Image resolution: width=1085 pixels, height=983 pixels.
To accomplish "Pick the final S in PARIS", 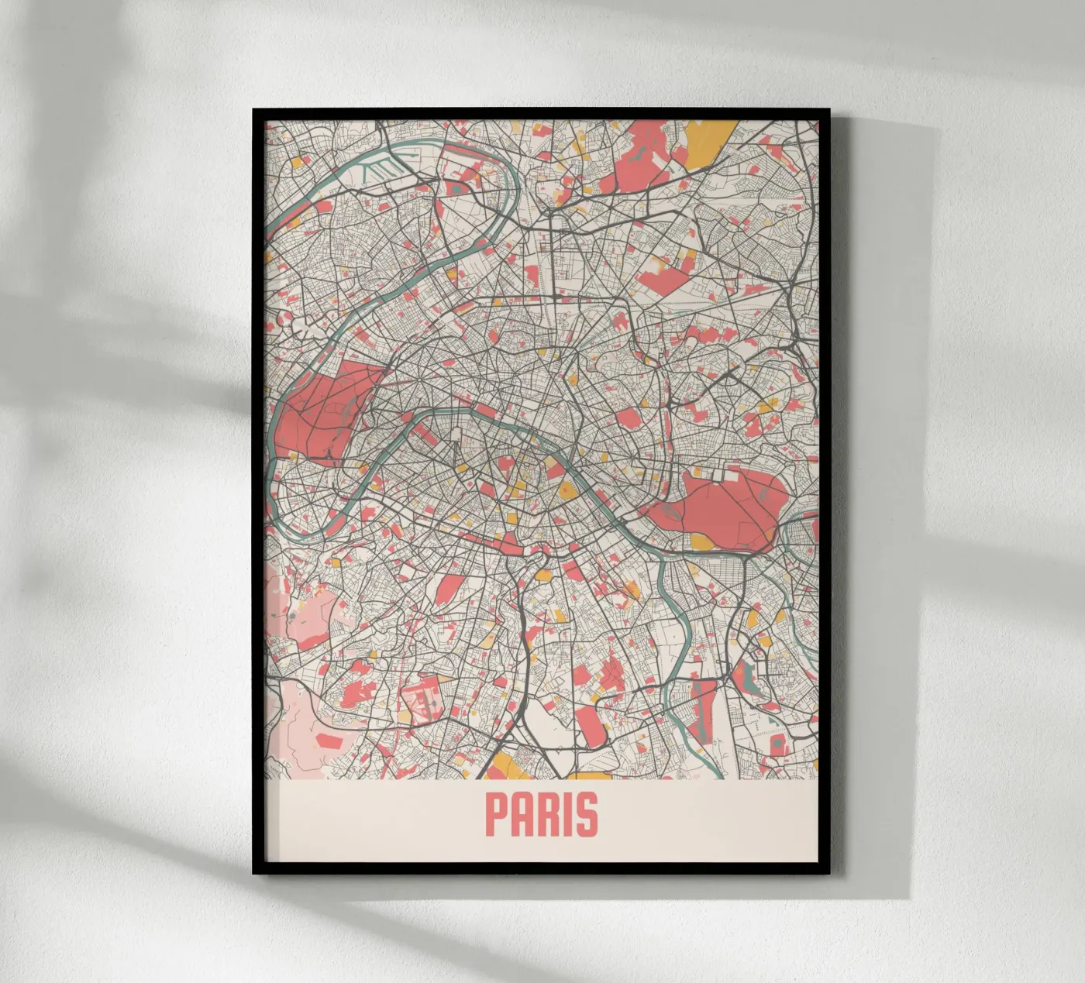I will point(588,813).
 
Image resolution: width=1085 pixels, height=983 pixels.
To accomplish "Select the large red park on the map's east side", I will point(725,507).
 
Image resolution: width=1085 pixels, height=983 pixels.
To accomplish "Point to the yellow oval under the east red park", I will point(701,541).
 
